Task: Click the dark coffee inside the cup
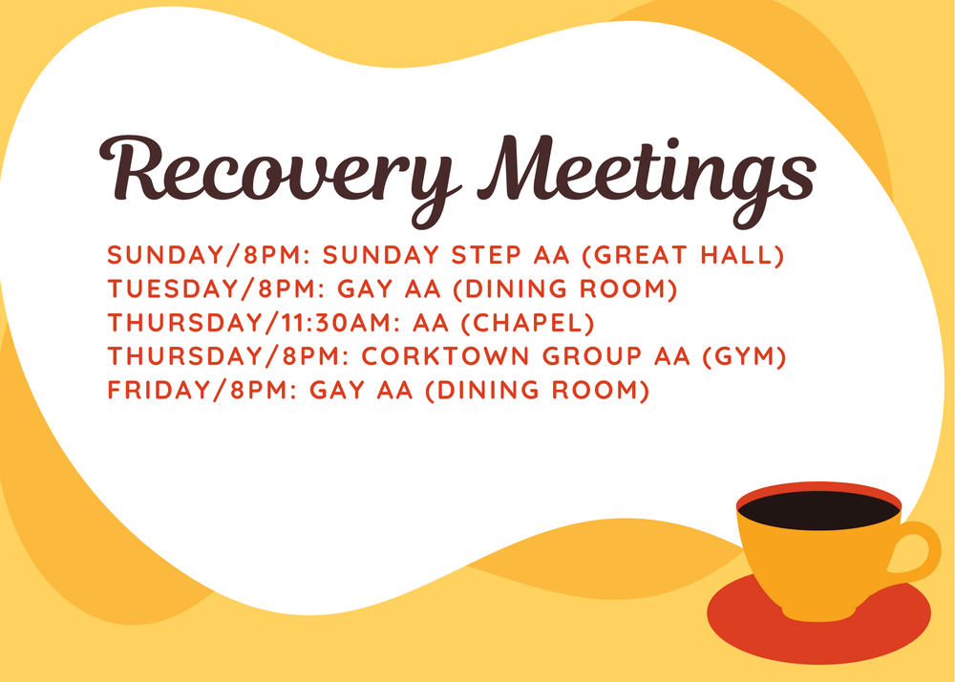[818, 511]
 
